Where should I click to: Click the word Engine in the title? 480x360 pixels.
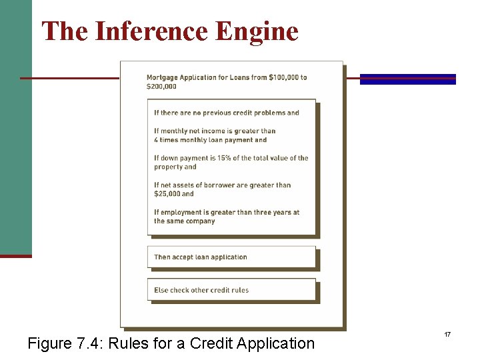263,31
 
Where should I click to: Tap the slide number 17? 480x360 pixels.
448,333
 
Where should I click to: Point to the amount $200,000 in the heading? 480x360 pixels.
162,87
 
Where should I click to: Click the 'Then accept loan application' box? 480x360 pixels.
231,257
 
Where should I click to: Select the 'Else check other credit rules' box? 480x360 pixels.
231,290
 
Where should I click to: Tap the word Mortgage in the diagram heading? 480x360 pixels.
163,77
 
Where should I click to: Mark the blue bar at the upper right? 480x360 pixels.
408,79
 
